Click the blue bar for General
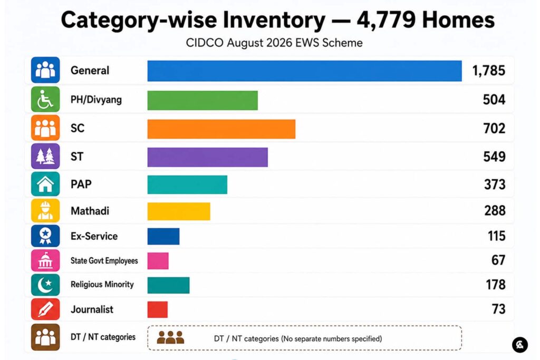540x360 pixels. click(304, 71)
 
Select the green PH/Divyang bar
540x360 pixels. click(202, 101)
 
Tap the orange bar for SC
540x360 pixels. click(221, 129)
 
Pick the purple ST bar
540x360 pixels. click(208, 157)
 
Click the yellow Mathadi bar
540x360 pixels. click(179, 211)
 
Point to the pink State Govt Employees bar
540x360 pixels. click(158, 261)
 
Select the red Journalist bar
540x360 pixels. click(157, 309)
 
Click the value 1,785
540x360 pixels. click(489, 71)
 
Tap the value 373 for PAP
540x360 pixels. click(495, 184)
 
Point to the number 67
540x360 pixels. click(498, 260)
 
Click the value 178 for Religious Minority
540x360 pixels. click(496, 285)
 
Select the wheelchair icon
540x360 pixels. click(45, 100)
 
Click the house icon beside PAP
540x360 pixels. click(45, 184)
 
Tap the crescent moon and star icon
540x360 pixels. click(45, 285)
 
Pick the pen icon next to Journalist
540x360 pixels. click(45, 309)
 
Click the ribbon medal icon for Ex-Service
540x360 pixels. click(45, 236)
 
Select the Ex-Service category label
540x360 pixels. click(94, 236)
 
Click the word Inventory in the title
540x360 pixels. click(274, 20)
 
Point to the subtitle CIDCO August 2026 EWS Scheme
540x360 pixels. click(274, 43)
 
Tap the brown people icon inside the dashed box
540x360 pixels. click(170, 338)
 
